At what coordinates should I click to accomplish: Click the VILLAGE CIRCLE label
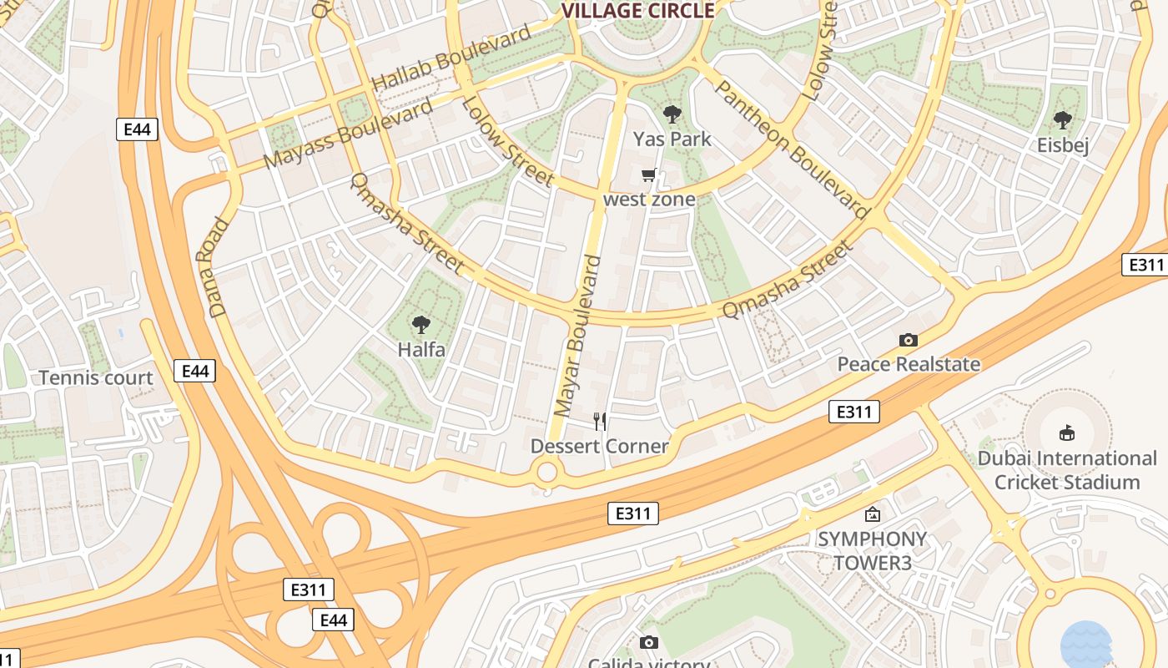click(x=638, y=11)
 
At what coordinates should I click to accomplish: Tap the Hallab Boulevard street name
click(x=451, y=58)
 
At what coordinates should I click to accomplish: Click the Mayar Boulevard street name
click(x=577, y=337)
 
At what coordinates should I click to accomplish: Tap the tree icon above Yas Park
click(x=672, y=114)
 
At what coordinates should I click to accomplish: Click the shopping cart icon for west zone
click(x=649, y=175)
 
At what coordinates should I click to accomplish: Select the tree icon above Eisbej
click(x=1062, y=120)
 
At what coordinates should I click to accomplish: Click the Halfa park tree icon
click(x=421, y=324)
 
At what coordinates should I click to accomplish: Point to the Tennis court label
click(x=96, y=378)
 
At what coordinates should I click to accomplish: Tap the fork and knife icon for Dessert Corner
click(x=599, y=421)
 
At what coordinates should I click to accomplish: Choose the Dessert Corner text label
click(x=599, y=446)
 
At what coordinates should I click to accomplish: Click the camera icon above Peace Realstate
click(x=909, y=340)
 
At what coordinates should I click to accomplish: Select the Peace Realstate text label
click(x=909, y=364)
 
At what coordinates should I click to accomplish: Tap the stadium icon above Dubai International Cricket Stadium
click(x=1066, y=433)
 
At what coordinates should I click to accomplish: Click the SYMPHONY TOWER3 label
click(x=872, y=551)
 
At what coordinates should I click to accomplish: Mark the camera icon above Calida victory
click(x=648, y=642)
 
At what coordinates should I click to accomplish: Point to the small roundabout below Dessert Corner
click(x=546, y=473)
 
